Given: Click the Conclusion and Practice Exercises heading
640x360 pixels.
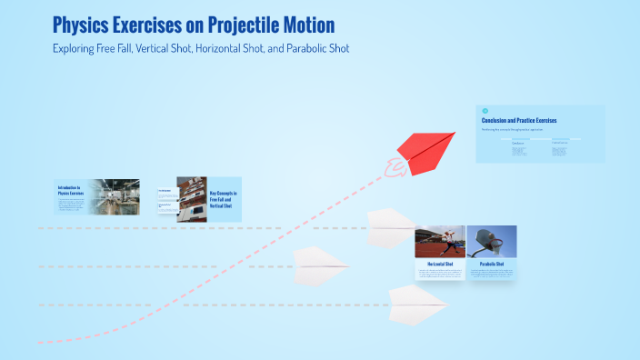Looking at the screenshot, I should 518,120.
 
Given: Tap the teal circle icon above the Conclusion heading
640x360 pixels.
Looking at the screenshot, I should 485,111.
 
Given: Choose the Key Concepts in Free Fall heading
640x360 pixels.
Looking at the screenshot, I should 223,199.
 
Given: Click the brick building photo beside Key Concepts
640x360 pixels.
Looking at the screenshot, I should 192,198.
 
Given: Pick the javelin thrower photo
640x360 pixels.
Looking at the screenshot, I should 440,242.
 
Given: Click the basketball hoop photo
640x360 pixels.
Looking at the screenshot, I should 491,242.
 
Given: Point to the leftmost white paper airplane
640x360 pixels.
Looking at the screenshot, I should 321,265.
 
